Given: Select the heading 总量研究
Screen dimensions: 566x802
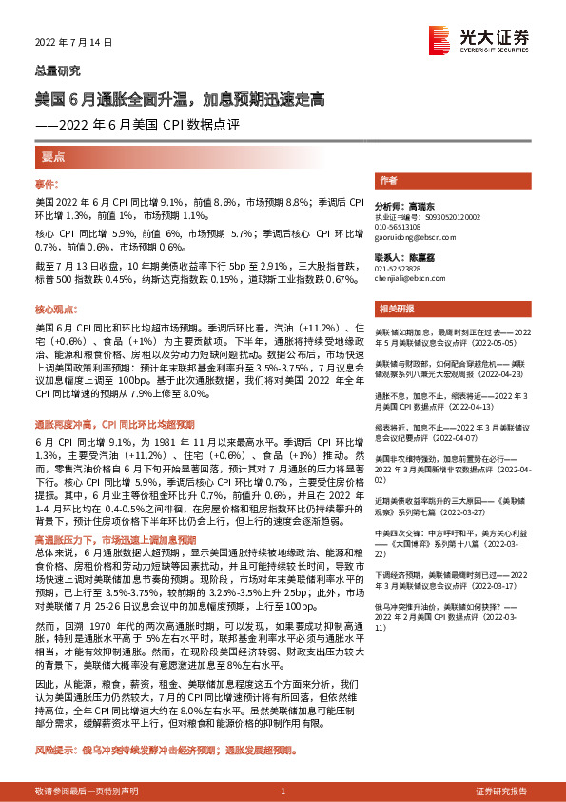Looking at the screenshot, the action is coord(58,70).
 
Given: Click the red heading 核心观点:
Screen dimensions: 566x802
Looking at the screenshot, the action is coord(55,311).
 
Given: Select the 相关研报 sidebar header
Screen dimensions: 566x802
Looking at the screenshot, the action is coord(394,308).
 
